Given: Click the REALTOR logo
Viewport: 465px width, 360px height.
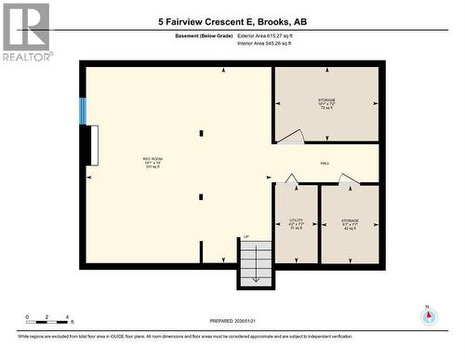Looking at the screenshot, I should tap(26, 32).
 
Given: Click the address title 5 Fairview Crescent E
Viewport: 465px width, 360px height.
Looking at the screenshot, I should tap(232, 20).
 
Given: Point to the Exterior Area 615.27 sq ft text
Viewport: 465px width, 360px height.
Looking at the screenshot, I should tap(271, 35).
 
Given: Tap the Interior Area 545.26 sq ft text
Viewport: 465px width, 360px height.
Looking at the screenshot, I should tap(271, 43).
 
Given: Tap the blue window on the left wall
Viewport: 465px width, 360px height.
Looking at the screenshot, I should tap(83, 111).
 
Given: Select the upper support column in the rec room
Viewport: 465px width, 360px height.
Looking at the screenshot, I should tap(200, 133).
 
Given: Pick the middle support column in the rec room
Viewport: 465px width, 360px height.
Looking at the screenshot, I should tap(200, 196).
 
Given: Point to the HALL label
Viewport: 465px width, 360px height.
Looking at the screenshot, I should tap(325, 163).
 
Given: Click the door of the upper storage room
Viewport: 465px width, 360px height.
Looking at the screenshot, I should tap(291, 138).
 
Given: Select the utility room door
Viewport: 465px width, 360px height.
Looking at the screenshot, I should tap(291, 179).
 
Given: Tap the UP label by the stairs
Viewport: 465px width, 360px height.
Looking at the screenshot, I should tap(246, 236).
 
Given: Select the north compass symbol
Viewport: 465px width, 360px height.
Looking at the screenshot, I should tap(428, 315).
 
